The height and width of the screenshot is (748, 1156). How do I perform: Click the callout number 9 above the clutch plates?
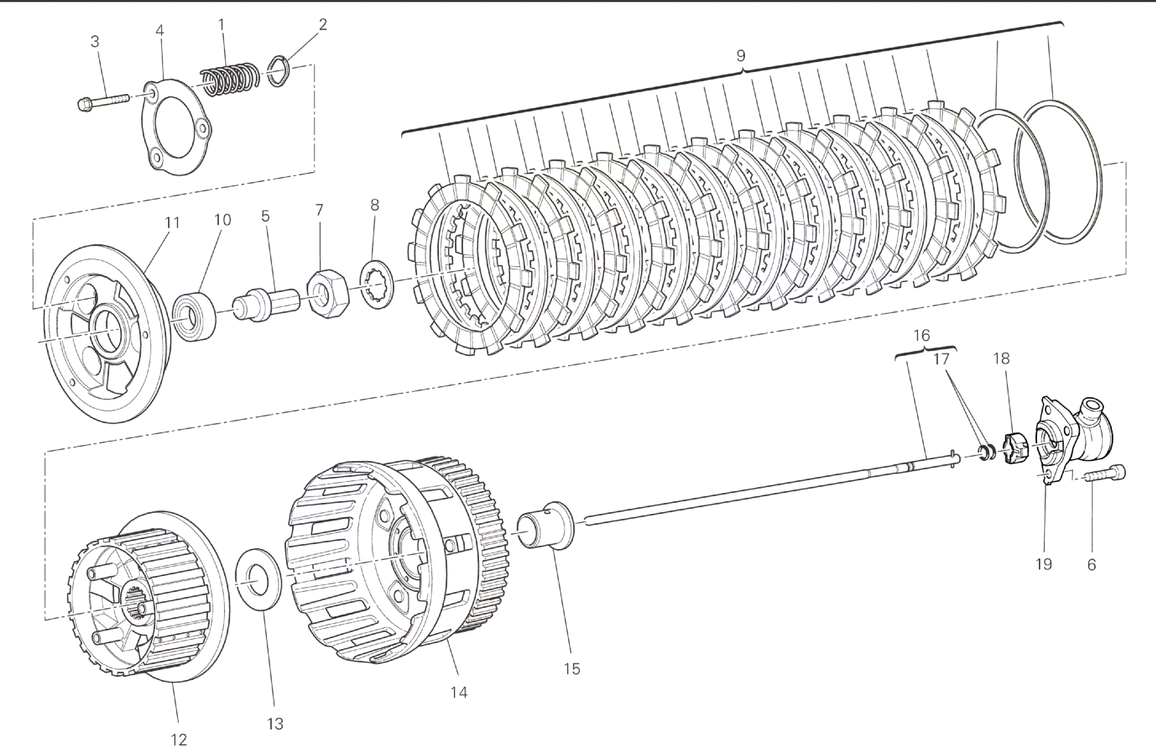coord(741,56)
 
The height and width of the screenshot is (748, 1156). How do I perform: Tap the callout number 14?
coord(459,693)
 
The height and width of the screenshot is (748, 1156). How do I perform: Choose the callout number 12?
coord(178,739)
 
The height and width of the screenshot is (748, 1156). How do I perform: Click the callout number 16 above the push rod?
coord(922,336)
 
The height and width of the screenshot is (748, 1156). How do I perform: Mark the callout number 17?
coord(941,359)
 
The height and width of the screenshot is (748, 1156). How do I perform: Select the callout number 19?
coord(1043,564)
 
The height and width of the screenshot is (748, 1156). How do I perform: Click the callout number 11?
coord(171,223)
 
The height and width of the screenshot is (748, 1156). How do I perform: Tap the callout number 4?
coord(160,31)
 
